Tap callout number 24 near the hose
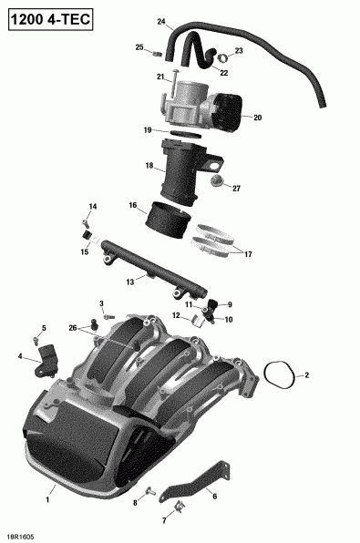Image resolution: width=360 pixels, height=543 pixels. [161, 21]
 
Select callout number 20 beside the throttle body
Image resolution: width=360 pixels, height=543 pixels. [258, 118]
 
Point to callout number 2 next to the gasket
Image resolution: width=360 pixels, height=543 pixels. [307, 374]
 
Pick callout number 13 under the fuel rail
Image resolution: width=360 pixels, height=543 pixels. [129, 282]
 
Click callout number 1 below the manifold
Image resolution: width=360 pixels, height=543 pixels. [50, 500]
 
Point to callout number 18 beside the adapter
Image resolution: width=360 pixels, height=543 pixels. [149, 166]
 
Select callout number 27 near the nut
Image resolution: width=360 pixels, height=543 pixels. [236, 189]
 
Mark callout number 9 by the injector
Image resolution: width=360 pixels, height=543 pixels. [230, 304]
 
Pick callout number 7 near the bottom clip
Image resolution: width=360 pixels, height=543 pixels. [165, 520]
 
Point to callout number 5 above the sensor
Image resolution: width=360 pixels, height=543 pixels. [43, 327]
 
